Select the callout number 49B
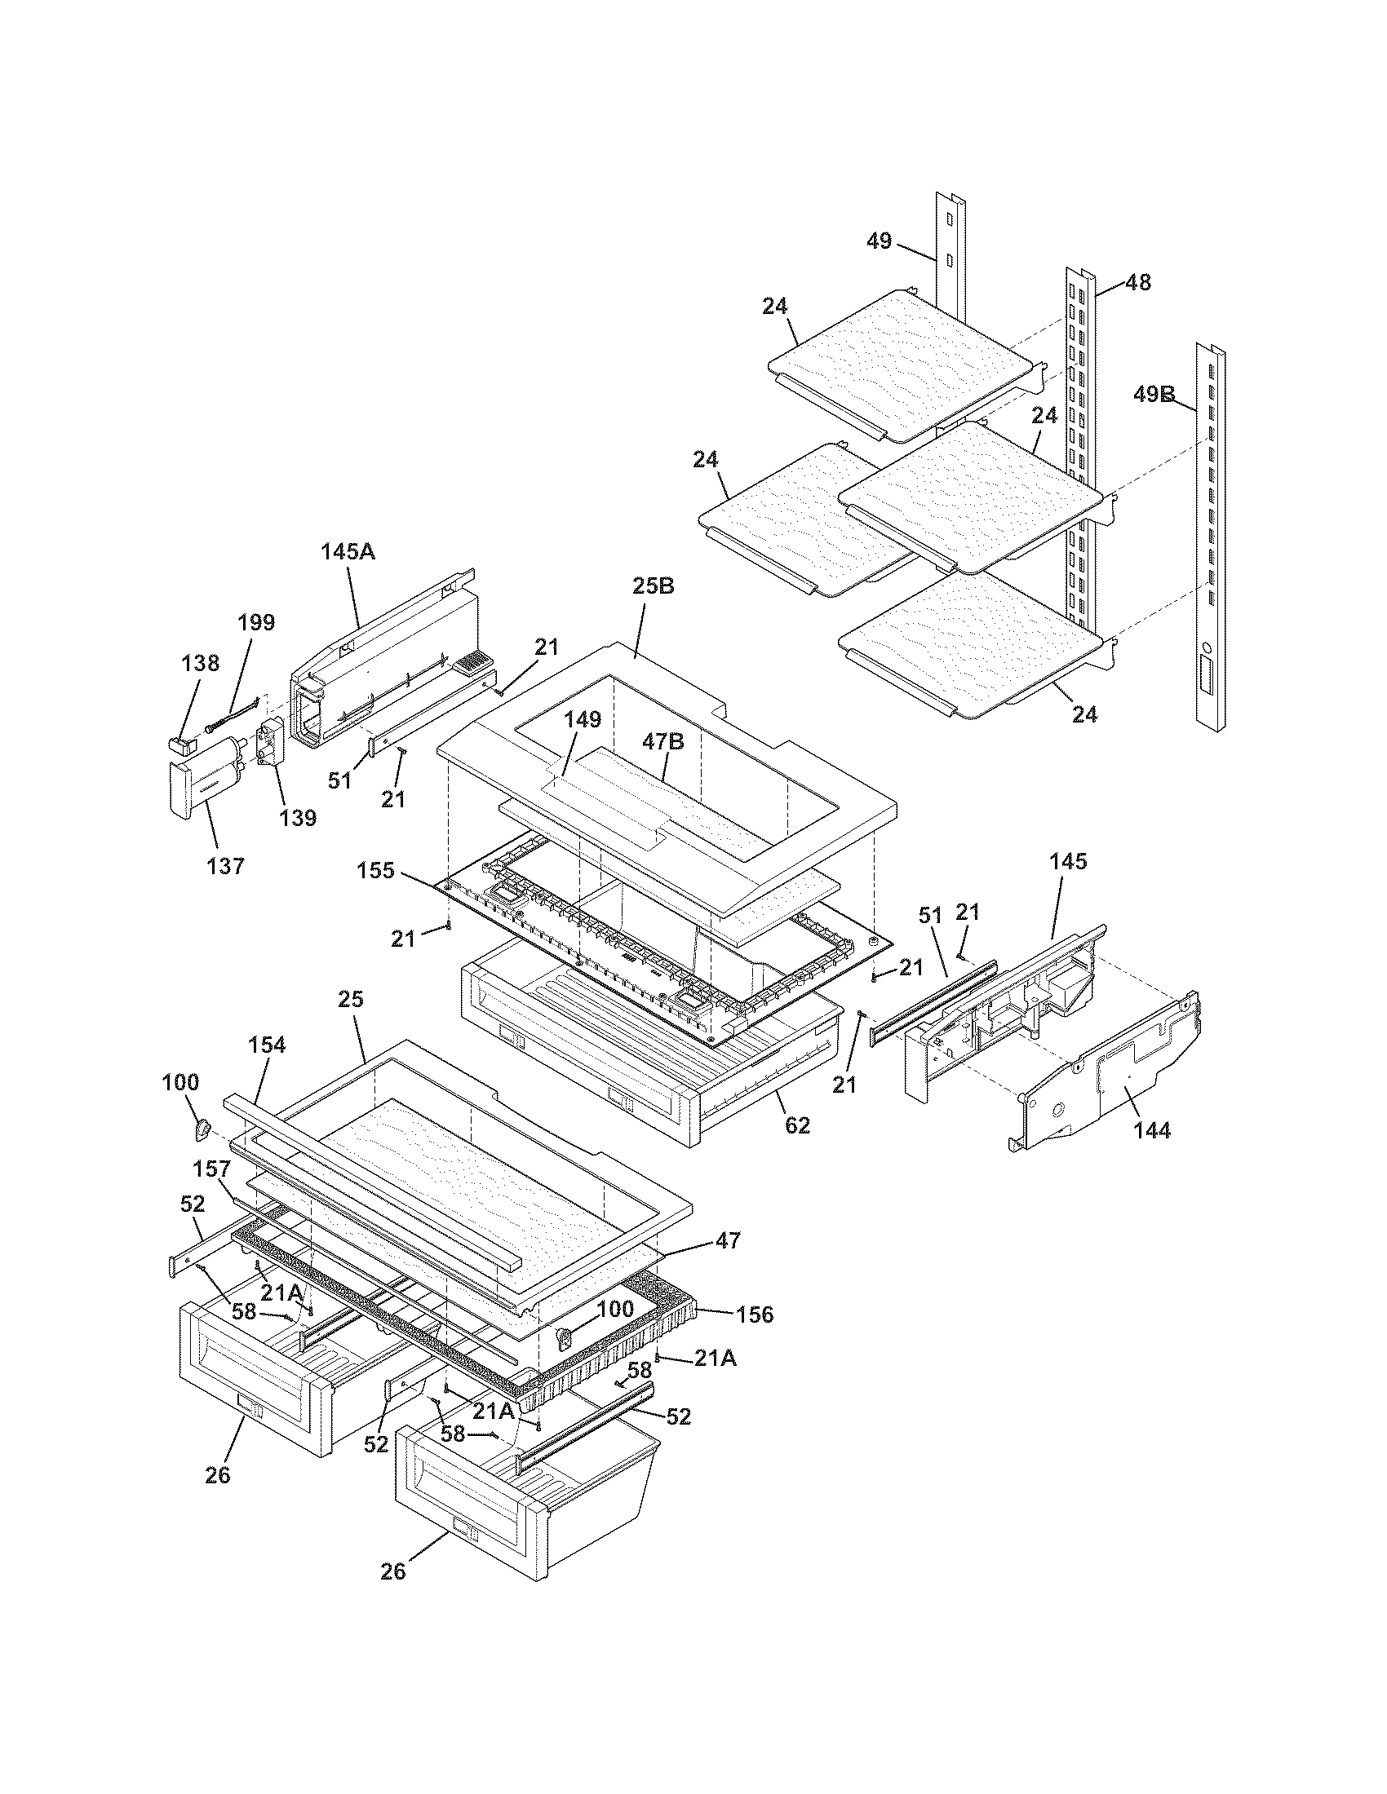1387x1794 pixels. click(x=1154, y=395)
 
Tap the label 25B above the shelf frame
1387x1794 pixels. click(x=654, y=586)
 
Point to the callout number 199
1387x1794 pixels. click(x=256, y=622)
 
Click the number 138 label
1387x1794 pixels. click(x=200, y=663)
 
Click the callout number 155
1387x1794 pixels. click(x=376, y=870)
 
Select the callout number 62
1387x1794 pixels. click(x=797, y=1125)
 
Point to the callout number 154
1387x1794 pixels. click(x=267, y=1045)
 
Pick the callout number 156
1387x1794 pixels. click(x=755, y=1315)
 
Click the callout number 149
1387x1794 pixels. click(x=583, y=719)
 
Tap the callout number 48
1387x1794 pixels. click(x=1137, y=283)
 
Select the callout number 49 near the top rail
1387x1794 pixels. click(x=879, y=241)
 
